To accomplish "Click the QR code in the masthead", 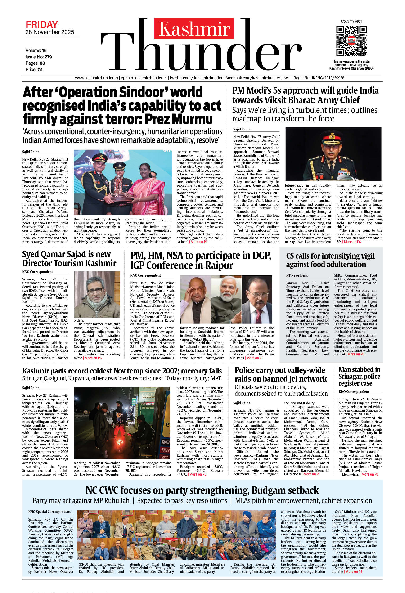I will pyautogui.click(x=351, y=41).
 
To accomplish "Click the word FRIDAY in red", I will pyautogui.click(x=42, y=25).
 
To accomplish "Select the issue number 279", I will pyautogui.click(x=48, y=57).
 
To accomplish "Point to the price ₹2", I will pyautogui.click(x=39, y=69).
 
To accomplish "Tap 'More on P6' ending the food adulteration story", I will pyautogui.click(x=356, y=354).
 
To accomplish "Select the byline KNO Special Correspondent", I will pyautogui.click(x=49, y=512).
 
